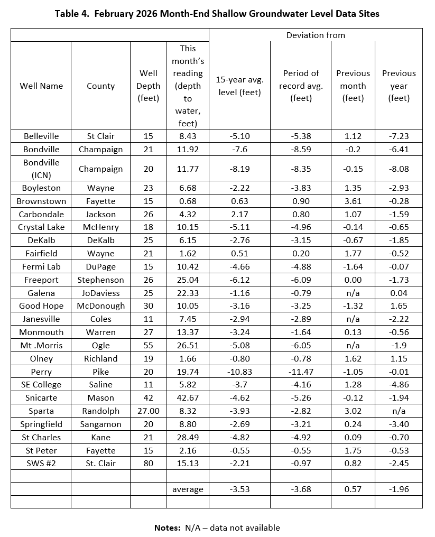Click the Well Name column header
click(41, 86)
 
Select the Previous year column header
click(399, 86)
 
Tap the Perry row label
click(41, 372)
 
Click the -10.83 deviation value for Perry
click(239, 372)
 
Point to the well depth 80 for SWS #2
click(148, 463)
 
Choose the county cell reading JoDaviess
click(100, 293)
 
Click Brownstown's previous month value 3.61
click(353, 201)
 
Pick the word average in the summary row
click(188, 489)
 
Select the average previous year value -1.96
click(399, 489)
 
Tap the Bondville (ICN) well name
click(41, 169)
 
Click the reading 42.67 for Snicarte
click(188, 397)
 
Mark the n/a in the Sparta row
click(399, 411)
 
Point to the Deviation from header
click(316, 35)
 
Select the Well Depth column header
click(148, 86)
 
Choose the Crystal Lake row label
click(41, 227)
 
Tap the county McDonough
click(100, 306)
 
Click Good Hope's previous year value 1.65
click(399, 306)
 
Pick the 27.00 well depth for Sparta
click(148, 411)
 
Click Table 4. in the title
click(72, 14)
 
